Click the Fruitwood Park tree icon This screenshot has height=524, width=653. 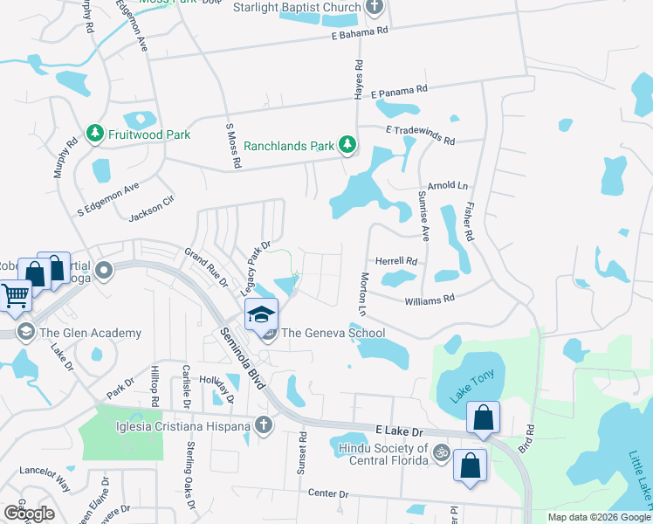(x=94, y=134)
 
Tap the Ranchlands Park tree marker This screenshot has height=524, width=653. (x=347, y=145)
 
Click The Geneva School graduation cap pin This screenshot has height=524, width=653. (x=261, y=313)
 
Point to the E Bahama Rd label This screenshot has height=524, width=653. (x=360, y=33)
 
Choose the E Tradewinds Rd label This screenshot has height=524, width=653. (x=421, y=134)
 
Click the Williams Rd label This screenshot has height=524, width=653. (x=430, y=300)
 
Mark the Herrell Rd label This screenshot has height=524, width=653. (x=396, y=260)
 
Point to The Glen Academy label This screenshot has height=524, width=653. (x=91, y=333)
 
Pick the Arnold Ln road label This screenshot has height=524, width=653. (x=453, y=186)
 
